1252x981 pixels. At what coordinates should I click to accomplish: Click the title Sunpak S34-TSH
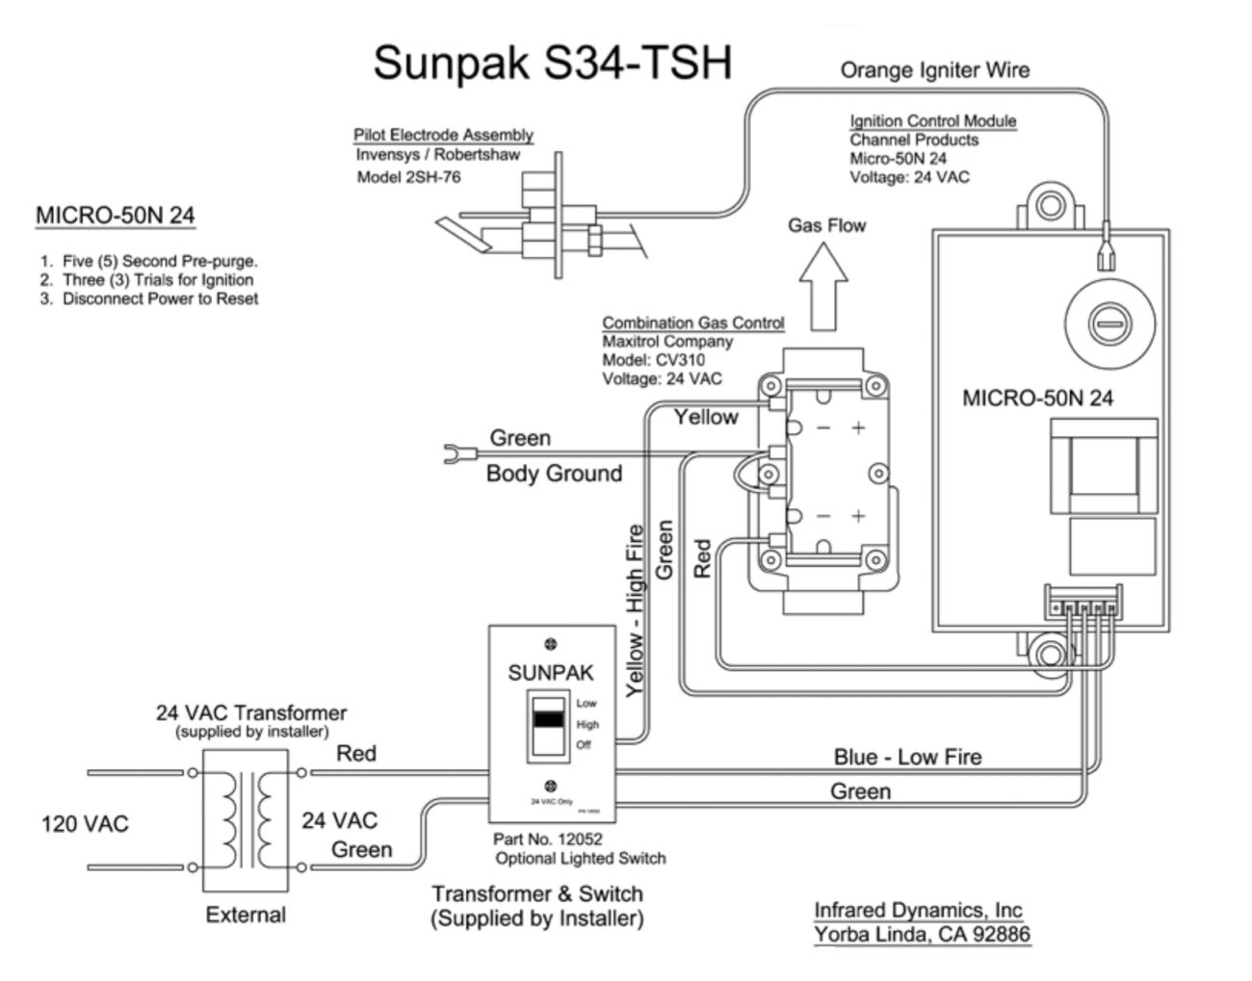pos(552,63)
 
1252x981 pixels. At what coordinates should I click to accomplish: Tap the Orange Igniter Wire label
pos(934,70)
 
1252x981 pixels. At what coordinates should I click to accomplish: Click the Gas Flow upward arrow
pos(824,285)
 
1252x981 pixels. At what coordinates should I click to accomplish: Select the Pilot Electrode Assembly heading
pos(443,136)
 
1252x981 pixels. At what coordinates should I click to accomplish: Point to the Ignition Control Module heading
pos(932,121)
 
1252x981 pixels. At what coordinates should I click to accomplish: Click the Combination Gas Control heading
pos(692,323)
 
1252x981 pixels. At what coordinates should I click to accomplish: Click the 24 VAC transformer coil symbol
pos(246,819)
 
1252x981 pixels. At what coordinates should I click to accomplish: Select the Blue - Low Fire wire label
pos(907,758)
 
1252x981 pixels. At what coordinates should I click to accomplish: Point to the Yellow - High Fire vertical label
pos(635,609)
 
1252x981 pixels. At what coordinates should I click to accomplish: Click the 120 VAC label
pos(84,824)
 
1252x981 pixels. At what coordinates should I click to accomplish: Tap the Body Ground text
pos(554,474)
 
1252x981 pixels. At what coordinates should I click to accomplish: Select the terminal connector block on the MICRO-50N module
pos(1083,604)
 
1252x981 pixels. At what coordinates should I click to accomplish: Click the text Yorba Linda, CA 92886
pos(922,934)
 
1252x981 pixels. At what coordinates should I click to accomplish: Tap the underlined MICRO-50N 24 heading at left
pos(115,216)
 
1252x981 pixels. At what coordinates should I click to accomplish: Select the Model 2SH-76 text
pos(408,177)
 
